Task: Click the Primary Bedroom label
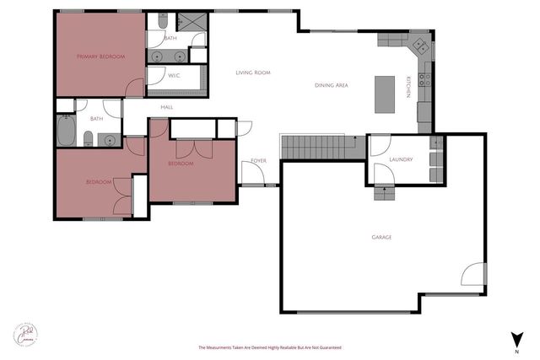coord(100,56)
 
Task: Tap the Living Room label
coord(252,73)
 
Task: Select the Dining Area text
coord(332,85)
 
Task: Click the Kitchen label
coord(408,86)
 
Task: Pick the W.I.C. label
coord(174,76)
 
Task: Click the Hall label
coord(167,107)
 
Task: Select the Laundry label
coord(400,159)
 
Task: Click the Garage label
coord(381,238)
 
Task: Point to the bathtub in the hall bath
coord(66,130)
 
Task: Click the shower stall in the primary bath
coord(190,23)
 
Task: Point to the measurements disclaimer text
coord(269,347)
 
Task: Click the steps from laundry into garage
coord(386,193)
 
